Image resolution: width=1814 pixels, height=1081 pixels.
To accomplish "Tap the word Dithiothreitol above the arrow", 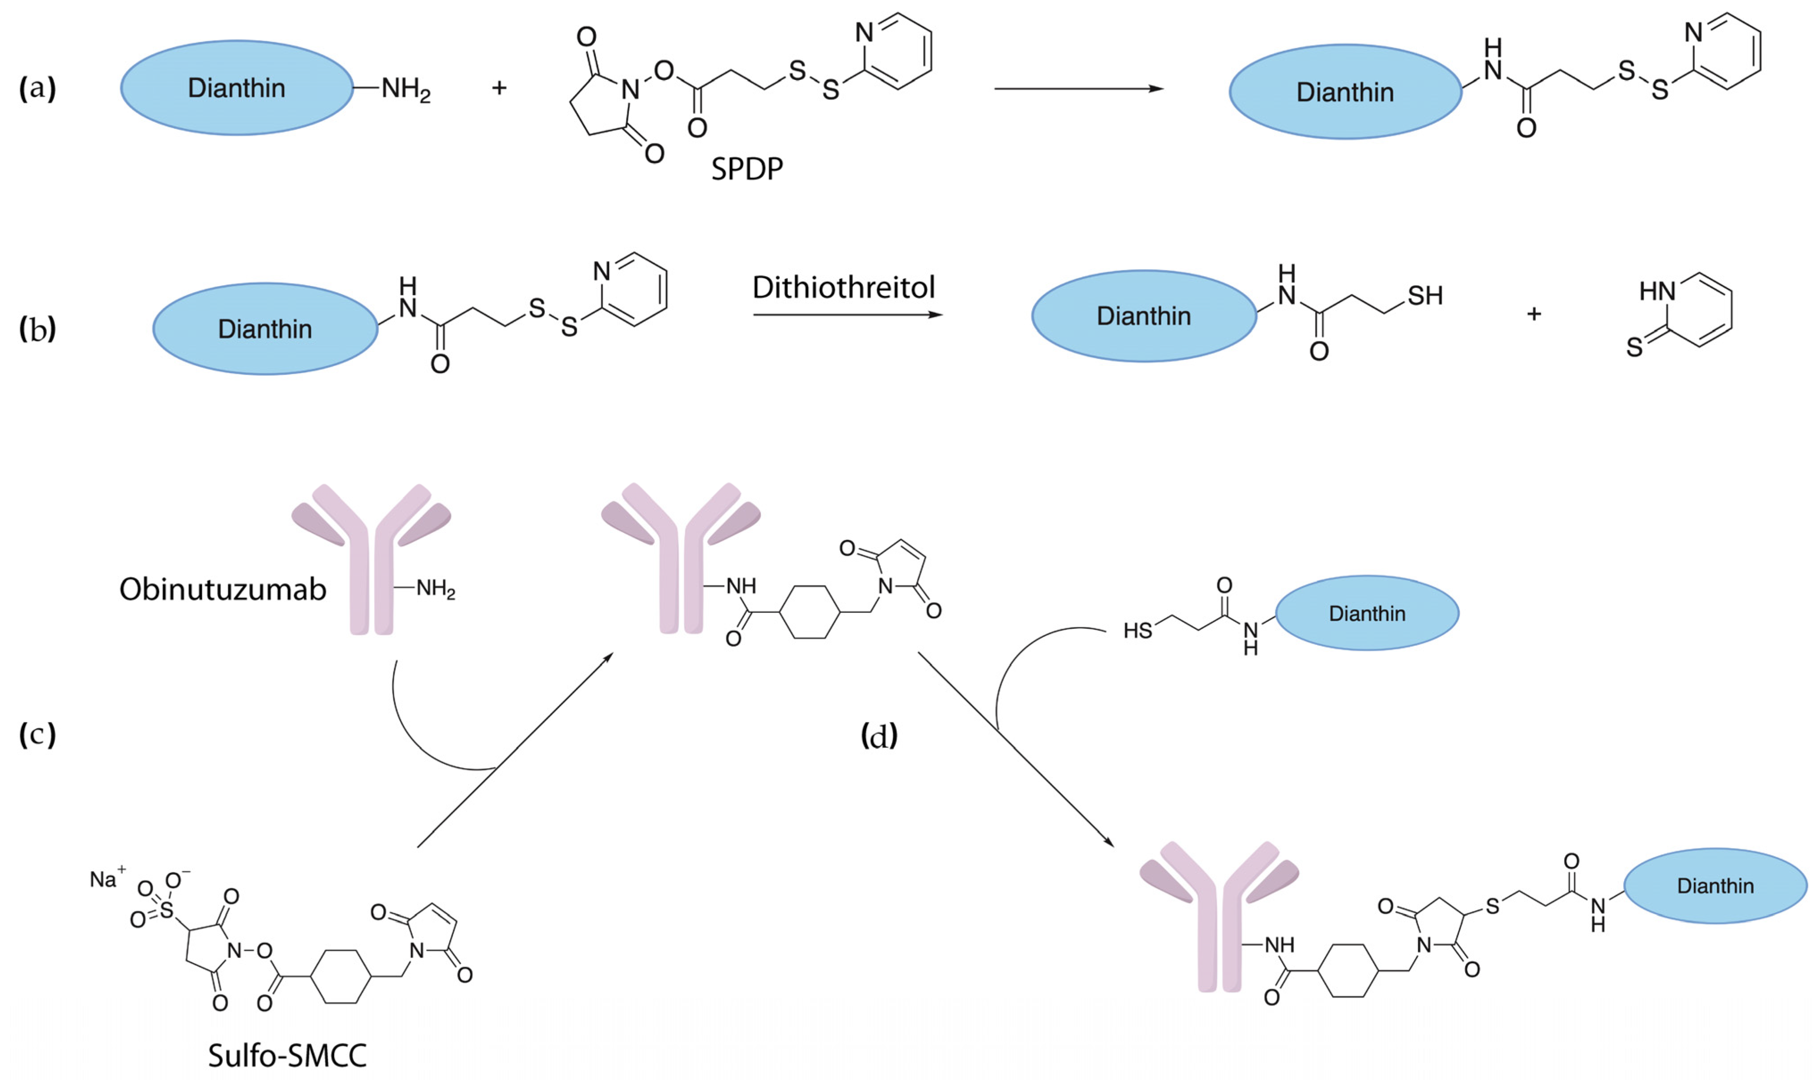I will pos(843,288).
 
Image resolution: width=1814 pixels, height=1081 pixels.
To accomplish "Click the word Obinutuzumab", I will pos(222,589).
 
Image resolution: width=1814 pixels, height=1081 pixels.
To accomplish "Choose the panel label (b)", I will pos(37,329).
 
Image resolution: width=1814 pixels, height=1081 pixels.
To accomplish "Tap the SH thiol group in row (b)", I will pos(1425,296).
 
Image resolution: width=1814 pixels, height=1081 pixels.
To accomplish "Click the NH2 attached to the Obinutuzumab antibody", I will pos(435,589).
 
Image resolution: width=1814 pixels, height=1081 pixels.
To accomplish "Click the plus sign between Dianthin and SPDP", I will pos(499,88).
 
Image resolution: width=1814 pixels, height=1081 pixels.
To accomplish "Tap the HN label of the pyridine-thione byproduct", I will pos(1656,292).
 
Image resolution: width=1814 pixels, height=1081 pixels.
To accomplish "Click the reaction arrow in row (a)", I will pos(1078,89).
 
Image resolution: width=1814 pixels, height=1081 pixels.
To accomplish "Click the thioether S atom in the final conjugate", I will pos(1492,906).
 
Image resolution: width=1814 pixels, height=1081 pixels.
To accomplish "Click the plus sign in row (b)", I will pos(1534,313).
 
